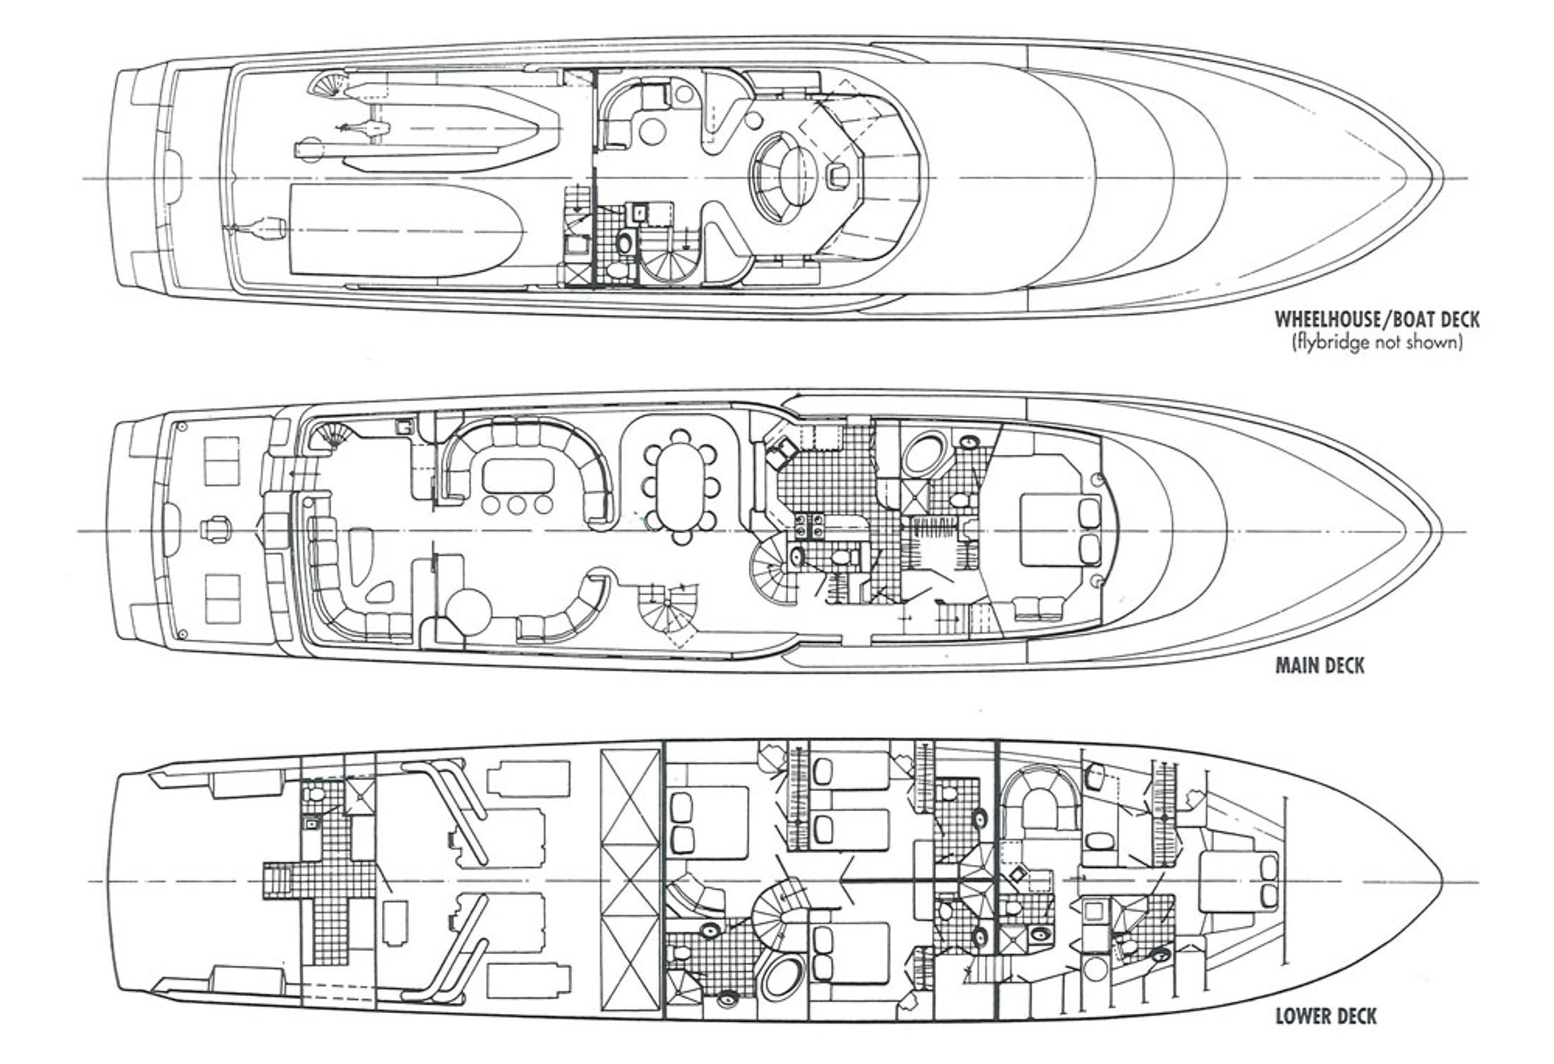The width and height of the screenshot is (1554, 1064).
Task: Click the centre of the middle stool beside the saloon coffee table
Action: pyautogui.click(x=517, y=504)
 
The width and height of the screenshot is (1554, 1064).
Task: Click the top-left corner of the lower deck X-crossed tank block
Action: pyautogui.click(x=600, y=750)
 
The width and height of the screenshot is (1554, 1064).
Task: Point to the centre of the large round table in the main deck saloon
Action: pyautogui.click(x=468, y=609)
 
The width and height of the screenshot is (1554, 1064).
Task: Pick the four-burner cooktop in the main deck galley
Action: pyautogui.click(x=810, y=527)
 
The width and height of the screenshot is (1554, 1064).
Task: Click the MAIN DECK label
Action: pyautogui.click(x=1319, y=665)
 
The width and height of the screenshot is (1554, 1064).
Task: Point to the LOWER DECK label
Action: pyautogui.click(x=1326, y=1016)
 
